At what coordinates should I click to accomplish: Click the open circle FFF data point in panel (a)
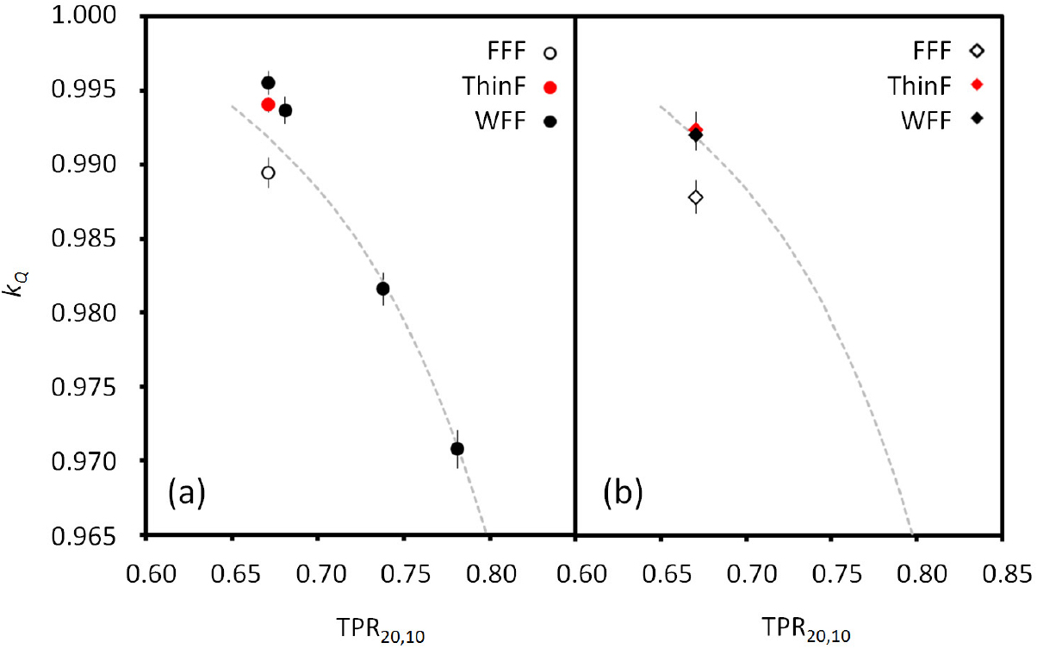tap(268, 172)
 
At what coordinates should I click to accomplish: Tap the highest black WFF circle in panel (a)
tap(268, 83)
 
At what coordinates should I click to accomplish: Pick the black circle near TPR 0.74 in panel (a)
tap(383, 289)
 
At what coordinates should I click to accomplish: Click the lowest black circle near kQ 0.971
tap(457, 448)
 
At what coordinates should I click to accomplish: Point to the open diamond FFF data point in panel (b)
tap(696, 197)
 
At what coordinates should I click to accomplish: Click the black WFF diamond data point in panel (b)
tap(696, 135)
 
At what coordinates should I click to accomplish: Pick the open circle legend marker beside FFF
tap(551, 53)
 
